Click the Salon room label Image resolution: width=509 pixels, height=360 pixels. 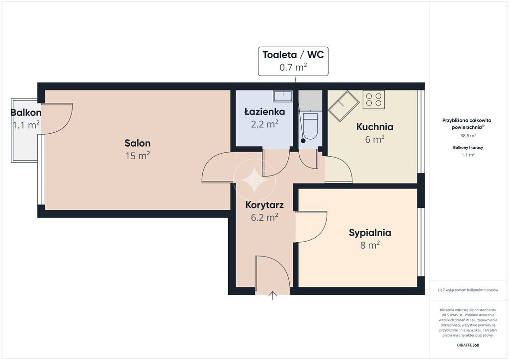click(x=137, y=143)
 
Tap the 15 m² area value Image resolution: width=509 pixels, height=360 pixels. click(x=138, y=156)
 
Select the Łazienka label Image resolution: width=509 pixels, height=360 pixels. click(x=264, y=111)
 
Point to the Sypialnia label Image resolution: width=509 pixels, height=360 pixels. click(x=370, y=233)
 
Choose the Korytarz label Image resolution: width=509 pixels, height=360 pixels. click(x=264, y=205)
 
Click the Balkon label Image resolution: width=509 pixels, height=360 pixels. click(x=26, y=113)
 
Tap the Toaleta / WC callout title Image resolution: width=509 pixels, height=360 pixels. click(x=293, y=55)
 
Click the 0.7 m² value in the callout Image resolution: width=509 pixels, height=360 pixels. click(x=293, y=67)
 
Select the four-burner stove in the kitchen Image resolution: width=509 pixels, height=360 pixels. click(x=374, y=99)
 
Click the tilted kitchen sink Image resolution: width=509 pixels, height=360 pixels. click(x=343, y=106)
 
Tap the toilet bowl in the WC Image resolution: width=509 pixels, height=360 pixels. click(x=311, y=126)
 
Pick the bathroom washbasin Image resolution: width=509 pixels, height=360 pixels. click(x=283, y=96)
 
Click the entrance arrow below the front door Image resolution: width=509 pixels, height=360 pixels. click(x=272, y=295)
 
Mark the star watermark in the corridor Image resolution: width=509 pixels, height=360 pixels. click(x=254, y=180)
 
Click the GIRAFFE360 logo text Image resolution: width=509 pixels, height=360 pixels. click(x=468, y=345)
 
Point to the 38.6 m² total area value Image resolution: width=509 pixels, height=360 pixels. click(x=468, y=136)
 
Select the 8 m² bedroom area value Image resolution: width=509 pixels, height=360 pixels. click(x=370, y=245)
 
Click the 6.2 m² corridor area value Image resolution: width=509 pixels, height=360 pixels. click(x=264, y=217)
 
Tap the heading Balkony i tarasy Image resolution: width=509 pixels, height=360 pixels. click(x=468, y=147)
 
